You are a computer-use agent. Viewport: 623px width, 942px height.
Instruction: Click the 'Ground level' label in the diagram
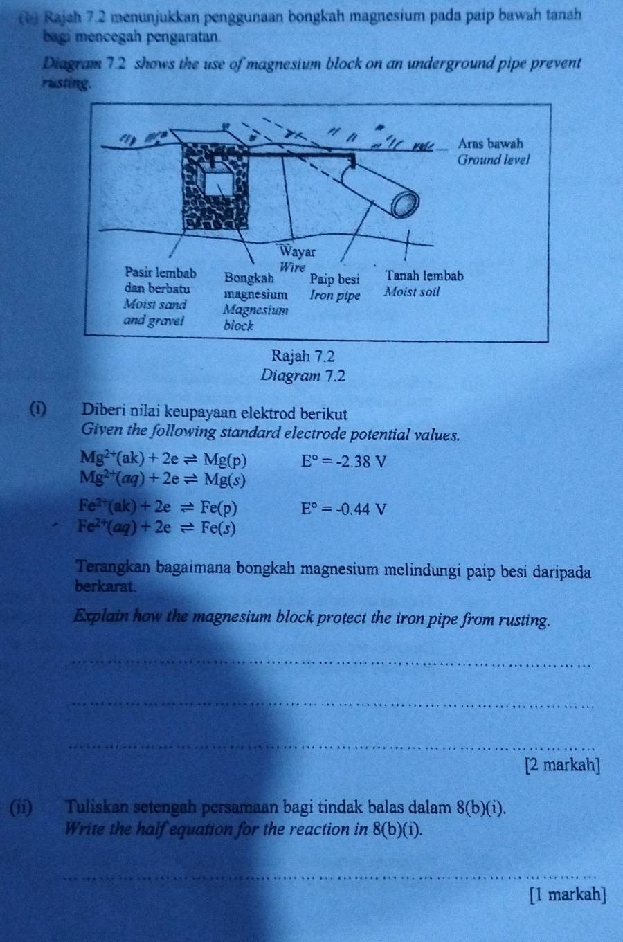tap(493, 160)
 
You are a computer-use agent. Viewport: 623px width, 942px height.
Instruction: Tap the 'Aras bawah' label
tap(490, 144)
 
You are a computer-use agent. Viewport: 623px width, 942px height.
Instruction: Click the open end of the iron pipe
tap(406, 204)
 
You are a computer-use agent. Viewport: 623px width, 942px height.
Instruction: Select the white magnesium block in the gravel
tap(219, 185)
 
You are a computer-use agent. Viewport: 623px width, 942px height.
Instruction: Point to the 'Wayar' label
tap(298, 253)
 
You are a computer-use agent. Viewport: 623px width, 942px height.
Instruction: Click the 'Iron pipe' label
tap(335, 296)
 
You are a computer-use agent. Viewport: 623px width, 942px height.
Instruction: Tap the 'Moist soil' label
tap(412, 292)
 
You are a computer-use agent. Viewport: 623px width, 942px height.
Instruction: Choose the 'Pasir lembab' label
tap(161, 273)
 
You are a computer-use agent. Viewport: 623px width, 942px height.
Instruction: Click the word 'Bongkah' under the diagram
tap(249, 278)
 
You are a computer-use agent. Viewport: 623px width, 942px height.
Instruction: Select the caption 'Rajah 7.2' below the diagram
tap(303, 356)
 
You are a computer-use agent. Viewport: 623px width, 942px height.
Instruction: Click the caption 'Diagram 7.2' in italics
tap(303, 376)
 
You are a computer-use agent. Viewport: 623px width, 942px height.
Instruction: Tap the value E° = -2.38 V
tap(343, 462)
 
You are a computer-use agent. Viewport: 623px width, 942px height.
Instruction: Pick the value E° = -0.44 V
tap(343, 509)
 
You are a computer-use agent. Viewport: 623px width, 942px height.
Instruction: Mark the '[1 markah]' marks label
tap(568, 894)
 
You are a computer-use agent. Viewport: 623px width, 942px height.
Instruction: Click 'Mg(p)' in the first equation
tap(225, 462)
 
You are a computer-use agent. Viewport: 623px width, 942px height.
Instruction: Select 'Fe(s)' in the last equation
tap(217, 527)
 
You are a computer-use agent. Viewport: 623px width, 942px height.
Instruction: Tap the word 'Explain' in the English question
tap(101, 619)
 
